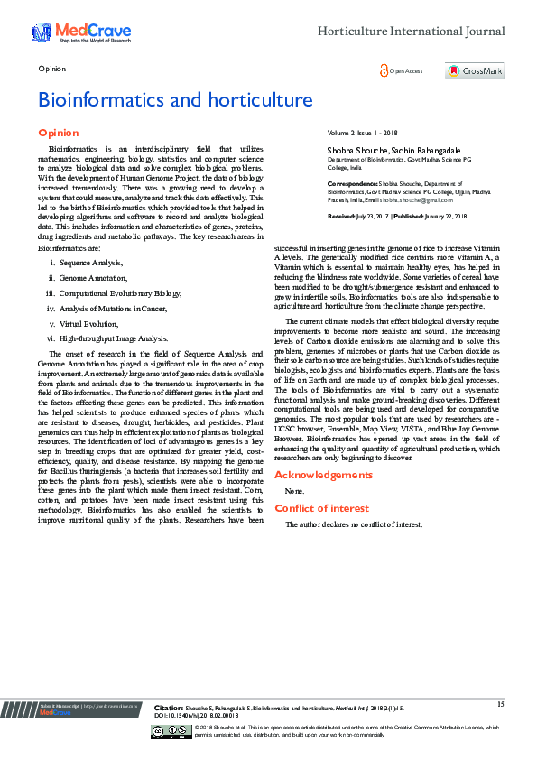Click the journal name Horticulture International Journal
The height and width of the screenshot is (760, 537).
pos(411,32)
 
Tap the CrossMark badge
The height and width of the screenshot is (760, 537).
pos(474,71)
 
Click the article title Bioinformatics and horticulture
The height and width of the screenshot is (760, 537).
pos(175,99)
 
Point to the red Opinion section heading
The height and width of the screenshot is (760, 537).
pos(59,133)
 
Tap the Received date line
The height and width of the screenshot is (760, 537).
pos(396,217)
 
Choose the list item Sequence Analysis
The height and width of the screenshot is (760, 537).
pos(91,262)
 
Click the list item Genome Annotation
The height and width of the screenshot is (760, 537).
pos(93,277)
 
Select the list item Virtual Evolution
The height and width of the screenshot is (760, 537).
pos(89,323)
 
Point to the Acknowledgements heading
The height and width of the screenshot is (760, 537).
pos(322,475)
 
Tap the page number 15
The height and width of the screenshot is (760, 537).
pos(500,703)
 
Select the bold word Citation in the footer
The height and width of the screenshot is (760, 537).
pos(169,709)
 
